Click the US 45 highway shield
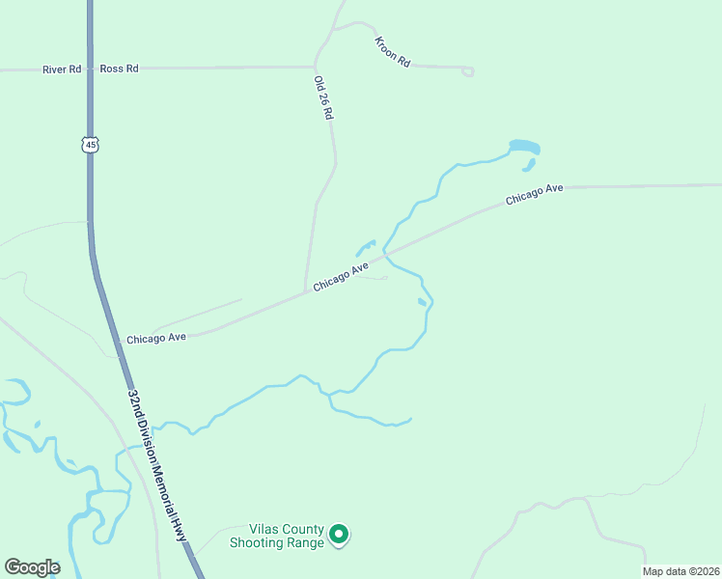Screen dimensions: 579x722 click(90, 145)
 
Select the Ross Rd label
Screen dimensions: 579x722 click(120, 69)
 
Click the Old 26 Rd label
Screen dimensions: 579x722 click(322, 97)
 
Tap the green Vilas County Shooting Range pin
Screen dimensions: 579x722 click(339, 534)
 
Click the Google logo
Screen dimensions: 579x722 click(32, 567)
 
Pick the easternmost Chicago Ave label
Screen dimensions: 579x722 click(534, 194)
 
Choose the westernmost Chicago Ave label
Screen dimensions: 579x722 click(156, 339)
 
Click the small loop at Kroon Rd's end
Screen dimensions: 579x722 click(468, 70)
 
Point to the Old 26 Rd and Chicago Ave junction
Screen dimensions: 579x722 click(306, 289)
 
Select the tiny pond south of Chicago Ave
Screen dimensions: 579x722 click(422, 302)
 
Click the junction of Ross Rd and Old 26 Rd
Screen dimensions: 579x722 click(315, 68)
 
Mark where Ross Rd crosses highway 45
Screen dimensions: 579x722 click(90, 69)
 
